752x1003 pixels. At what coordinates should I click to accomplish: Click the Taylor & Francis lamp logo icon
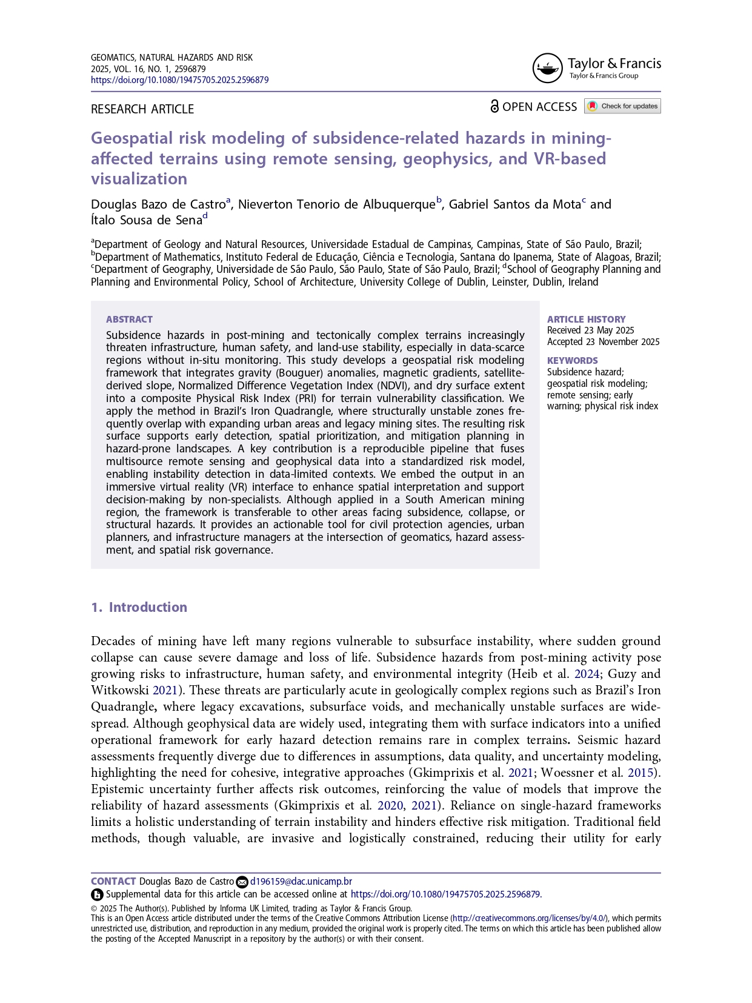(547, 68)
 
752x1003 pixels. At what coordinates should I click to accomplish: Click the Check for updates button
(622, 106)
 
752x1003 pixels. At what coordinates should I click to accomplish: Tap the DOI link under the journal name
(179, 80)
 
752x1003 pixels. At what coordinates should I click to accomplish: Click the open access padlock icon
(494, 107)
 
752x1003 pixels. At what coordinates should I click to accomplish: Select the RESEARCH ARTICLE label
(142, 109)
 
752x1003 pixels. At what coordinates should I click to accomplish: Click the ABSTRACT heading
(129, 320)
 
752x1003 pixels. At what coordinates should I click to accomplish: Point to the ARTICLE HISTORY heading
(586, 320)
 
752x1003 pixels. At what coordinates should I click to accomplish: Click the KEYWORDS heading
(572, 361)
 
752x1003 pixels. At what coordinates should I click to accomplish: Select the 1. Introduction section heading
(139, 608)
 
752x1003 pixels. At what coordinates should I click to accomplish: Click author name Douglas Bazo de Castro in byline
(158, 204)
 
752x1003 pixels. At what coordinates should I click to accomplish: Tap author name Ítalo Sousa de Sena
(146, 220)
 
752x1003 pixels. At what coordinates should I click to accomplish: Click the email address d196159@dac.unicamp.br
(301, 882)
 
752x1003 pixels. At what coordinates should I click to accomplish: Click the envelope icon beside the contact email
(242, 882)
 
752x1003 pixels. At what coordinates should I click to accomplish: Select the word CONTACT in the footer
(113, 882)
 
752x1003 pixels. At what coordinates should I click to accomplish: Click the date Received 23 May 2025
(590, 330)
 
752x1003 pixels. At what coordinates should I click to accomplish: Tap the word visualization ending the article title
(139, 179)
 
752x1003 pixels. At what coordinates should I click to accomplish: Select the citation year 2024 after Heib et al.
(587, 674)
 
